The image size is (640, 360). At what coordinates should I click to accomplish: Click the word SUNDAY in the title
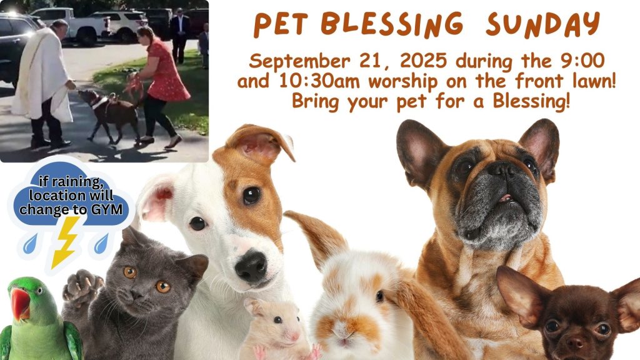click(x=543, y=24)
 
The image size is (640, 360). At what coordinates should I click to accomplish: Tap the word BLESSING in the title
click(x=391, y=24)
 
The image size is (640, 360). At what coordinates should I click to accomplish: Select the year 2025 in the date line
click(x=423, y=61)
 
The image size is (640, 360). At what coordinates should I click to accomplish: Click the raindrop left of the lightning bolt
click(x=30, y=244)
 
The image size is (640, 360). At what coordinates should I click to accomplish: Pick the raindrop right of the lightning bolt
click(x=101, y=244)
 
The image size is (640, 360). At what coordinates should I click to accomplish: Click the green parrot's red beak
click(x=19, y=304)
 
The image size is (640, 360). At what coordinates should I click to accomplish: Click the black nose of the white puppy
click(x=251, y=266)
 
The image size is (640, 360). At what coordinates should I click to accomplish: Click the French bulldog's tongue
click(x=506, y=198)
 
